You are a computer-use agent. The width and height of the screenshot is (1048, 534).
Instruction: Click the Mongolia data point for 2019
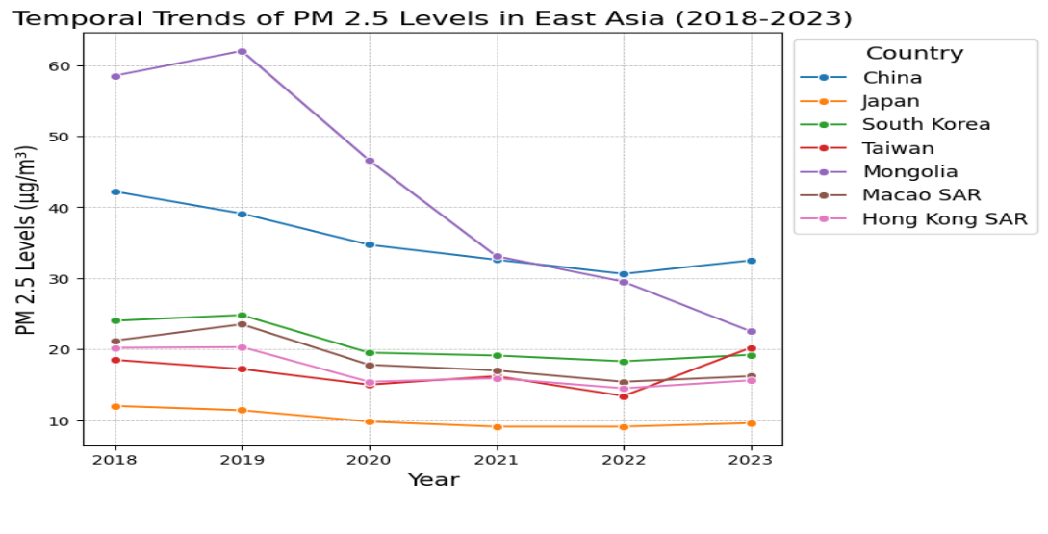243,51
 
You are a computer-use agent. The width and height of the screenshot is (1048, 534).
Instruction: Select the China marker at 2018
115,191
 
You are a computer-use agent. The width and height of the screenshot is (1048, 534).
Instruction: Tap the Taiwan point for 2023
752,348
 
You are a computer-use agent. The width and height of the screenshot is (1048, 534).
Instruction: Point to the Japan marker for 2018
115,406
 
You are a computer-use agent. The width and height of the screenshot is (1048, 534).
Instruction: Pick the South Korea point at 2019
243,315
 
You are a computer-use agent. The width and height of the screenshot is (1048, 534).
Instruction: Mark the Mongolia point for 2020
370,161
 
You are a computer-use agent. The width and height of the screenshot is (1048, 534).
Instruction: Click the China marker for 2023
752,261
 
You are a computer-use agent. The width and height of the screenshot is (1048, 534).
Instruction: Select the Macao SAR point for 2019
243,324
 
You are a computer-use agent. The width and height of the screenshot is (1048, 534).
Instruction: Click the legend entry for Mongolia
909,172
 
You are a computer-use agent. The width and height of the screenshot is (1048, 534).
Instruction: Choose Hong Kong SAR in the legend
944,219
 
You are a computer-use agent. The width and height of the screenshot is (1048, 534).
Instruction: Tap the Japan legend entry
890,101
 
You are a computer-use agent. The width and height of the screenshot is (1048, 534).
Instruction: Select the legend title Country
914,54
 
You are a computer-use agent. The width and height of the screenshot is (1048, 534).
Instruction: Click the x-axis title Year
433,480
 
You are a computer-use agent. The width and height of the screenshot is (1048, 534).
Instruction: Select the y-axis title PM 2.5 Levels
27,241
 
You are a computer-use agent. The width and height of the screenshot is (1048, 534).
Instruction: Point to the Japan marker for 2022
624,426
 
